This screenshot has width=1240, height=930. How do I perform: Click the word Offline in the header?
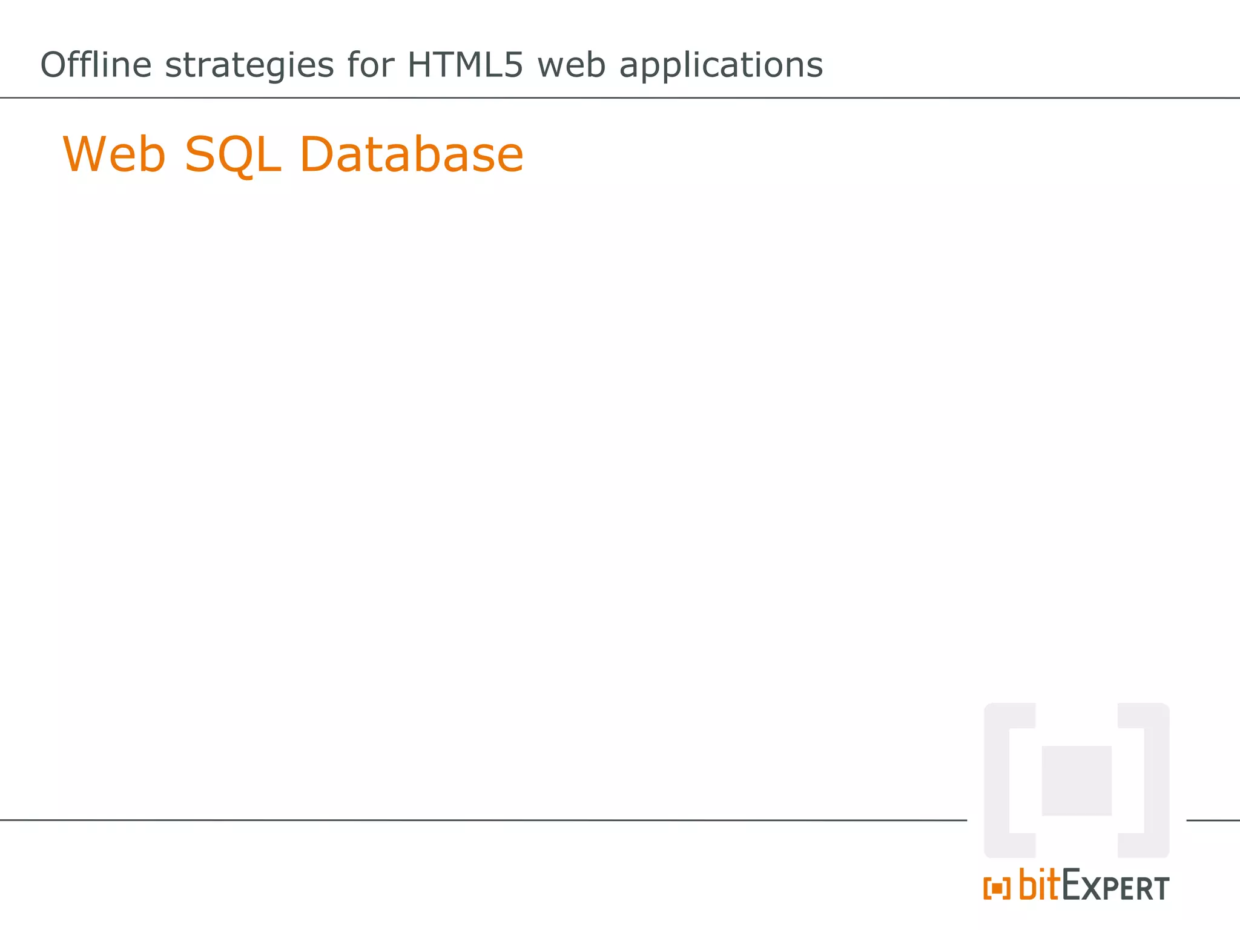click(96, 65)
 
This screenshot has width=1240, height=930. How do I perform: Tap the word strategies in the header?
click(249, 66)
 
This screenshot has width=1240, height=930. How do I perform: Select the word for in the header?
click(371, 65)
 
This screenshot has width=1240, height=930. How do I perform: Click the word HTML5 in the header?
click(464, 65)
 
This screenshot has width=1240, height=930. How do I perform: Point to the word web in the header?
click(571, 65)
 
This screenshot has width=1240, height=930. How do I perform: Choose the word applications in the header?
click(721, 66)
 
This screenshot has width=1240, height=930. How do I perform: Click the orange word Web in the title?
click(114, 154)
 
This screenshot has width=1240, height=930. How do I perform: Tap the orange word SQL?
click(232, 154)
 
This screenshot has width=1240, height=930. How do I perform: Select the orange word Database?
click(411, 154)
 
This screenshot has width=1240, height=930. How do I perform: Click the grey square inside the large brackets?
click(1076, 780)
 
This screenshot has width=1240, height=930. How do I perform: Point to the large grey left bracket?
click(998, 780)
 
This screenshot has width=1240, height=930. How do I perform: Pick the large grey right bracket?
click(1155, 780)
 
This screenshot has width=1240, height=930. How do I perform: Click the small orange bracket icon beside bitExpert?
click(997, 888)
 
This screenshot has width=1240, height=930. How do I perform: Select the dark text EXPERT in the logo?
click(1115, 887)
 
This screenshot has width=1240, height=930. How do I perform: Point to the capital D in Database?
click(318, 154)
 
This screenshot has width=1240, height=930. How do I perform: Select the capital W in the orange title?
click(87, 154)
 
